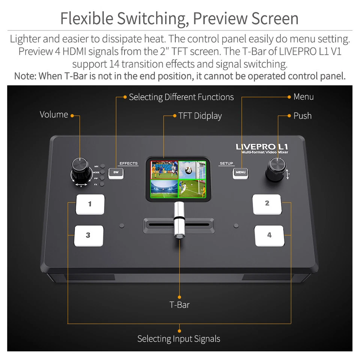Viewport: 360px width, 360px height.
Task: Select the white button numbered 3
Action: coord(88,236)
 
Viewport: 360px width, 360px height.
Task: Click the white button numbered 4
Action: coord(269,236)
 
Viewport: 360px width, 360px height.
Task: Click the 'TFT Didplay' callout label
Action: coord(200,116)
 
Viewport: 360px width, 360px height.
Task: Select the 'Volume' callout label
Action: coord(54,115)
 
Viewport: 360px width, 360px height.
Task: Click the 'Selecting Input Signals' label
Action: coord(178,339)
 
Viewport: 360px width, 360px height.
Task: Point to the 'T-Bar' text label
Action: coord(179,305)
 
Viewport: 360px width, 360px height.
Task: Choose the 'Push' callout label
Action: coord(302,116)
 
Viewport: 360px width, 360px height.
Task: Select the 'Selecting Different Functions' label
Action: coord(181,97)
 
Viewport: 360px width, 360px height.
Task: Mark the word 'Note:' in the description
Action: coord(25,76)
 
